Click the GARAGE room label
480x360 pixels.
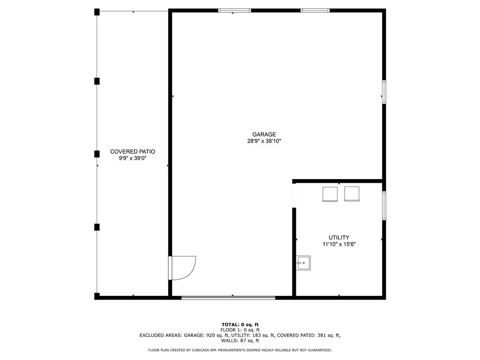coord(264,135)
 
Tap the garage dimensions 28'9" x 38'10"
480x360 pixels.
coord(264,141)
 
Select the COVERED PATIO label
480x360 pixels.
coord(133,151)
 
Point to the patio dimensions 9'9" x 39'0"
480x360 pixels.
coord(133,158)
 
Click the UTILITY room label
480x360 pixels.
coord(339,238)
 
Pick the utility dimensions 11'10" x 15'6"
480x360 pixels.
coord(339,244)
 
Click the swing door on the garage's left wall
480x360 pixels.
coord(181,268)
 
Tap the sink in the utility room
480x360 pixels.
coord(304,263)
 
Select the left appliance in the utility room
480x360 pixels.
coord(330,194)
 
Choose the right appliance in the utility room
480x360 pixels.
coord(352,194)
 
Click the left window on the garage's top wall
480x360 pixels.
coord(235,10)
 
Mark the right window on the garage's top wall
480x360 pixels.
coord(315,10)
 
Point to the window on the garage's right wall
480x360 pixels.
coord(384,92)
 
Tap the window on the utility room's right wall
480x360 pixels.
coord(384,205)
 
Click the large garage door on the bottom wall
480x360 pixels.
coord(228,297)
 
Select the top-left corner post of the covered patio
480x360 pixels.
coord(97,12)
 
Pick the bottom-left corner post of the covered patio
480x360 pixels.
coord(97,296)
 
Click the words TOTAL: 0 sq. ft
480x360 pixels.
coord(240,324)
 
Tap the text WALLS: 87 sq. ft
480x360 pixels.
coord(240,341)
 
